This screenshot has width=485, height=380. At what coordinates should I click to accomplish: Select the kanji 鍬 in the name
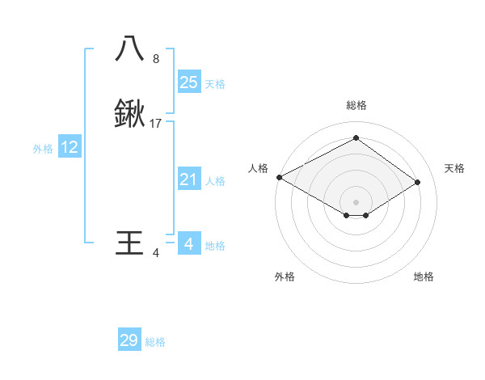[x=129, y=115]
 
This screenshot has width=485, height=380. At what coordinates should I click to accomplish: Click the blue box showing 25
[x=188, y=82]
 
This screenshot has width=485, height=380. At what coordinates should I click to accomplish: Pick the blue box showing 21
[x=188, y=179]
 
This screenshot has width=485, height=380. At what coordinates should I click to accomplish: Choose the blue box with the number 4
[x=188, y=244]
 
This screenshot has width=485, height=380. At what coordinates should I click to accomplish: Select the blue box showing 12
[x=70, y=147]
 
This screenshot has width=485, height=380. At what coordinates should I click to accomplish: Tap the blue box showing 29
[x=129, y=340]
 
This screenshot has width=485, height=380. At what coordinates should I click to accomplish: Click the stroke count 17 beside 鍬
[x=156, y=124]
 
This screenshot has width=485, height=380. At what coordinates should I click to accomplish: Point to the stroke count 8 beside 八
[x=156, y=59]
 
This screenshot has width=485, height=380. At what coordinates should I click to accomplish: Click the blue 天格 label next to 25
[x=215, y=84]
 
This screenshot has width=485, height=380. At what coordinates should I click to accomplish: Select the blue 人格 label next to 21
[x=215, y=181]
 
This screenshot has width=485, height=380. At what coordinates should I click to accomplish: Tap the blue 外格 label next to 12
[x=43, y=149]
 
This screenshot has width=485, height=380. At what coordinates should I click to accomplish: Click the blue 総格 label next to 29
[x=156, y=342]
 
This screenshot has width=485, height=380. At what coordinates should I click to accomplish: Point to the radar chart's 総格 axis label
[x=356, y=105]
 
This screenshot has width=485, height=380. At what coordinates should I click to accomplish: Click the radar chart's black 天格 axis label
[x=454, y=168]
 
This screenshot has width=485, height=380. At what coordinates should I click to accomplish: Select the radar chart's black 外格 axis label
[x=285, y=277]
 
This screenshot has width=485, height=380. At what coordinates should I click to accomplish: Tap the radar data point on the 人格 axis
[x=279, y=176]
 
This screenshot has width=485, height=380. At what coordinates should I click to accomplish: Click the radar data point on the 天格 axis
[x=418, y=182]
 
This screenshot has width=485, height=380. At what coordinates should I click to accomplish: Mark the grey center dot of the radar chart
[x=356, y=201]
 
